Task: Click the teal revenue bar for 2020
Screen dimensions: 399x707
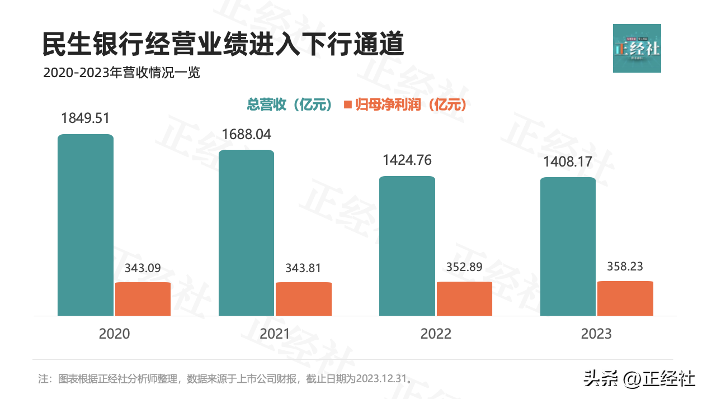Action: coord(86,225)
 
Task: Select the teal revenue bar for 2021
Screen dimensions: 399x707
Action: coord(246,232)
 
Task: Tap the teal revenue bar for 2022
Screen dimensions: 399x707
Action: coord(407,246)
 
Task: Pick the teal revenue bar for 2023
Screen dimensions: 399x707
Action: coord(568,246)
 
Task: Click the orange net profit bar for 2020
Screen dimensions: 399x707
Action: coord(143,299)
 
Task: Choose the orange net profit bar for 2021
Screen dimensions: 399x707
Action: coord(304,299)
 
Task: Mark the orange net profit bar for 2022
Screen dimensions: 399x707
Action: coord(464,298)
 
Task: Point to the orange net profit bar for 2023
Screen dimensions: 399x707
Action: coord(625,298)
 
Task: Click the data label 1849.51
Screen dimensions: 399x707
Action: coord(85,118)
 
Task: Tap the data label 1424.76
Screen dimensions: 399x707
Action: coord(407,160)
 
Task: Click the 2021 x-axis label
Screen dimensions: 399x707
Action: coord(275,334)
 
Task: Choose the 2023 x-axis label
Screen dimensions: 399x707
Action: coord(596,334)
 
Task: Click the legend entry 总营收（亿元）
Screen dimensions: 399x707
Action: coord(290,104)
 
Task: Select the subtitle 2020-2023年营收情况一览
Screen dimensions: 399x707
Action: coord(121,73)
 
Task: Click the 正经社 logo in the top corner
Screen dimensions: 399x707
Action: coord(637,48)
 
